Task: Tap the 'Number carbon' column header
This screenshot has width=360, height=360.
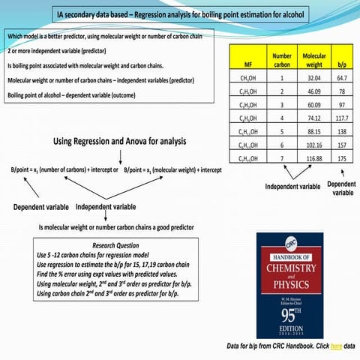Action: click(x=282, y=60)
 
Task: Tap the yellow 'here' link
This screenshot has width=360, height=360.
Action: click(x=336, y=346)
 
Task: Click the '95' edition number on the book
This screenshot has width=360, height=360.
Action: click(x=294, y=309)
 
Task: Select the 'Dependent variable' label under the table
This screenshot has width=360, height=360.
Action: click(x=341, y=188)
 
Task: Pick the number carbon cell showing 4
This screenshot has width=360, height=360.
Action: click(x=282, y=118)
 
